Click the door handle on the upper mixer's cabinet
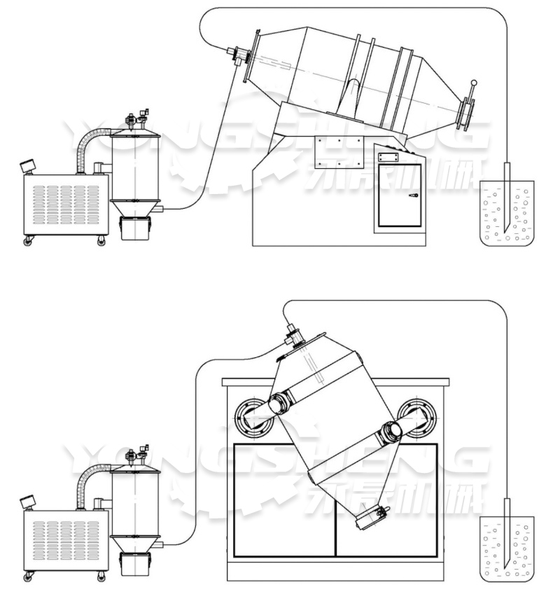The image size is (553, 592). (x=414, y=196)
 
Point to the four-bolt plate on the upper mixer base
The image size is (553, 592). (x=339, y=152)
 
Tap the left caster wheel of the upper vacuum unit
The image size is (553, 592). (x=29, y=241)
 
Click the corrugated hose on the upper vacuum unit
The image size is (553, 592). (x=87, y=144)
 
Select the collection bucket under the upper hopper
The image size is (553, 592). (x=136, y=228)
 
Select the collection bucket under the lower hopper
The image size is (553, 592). (x=136, y=564)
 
